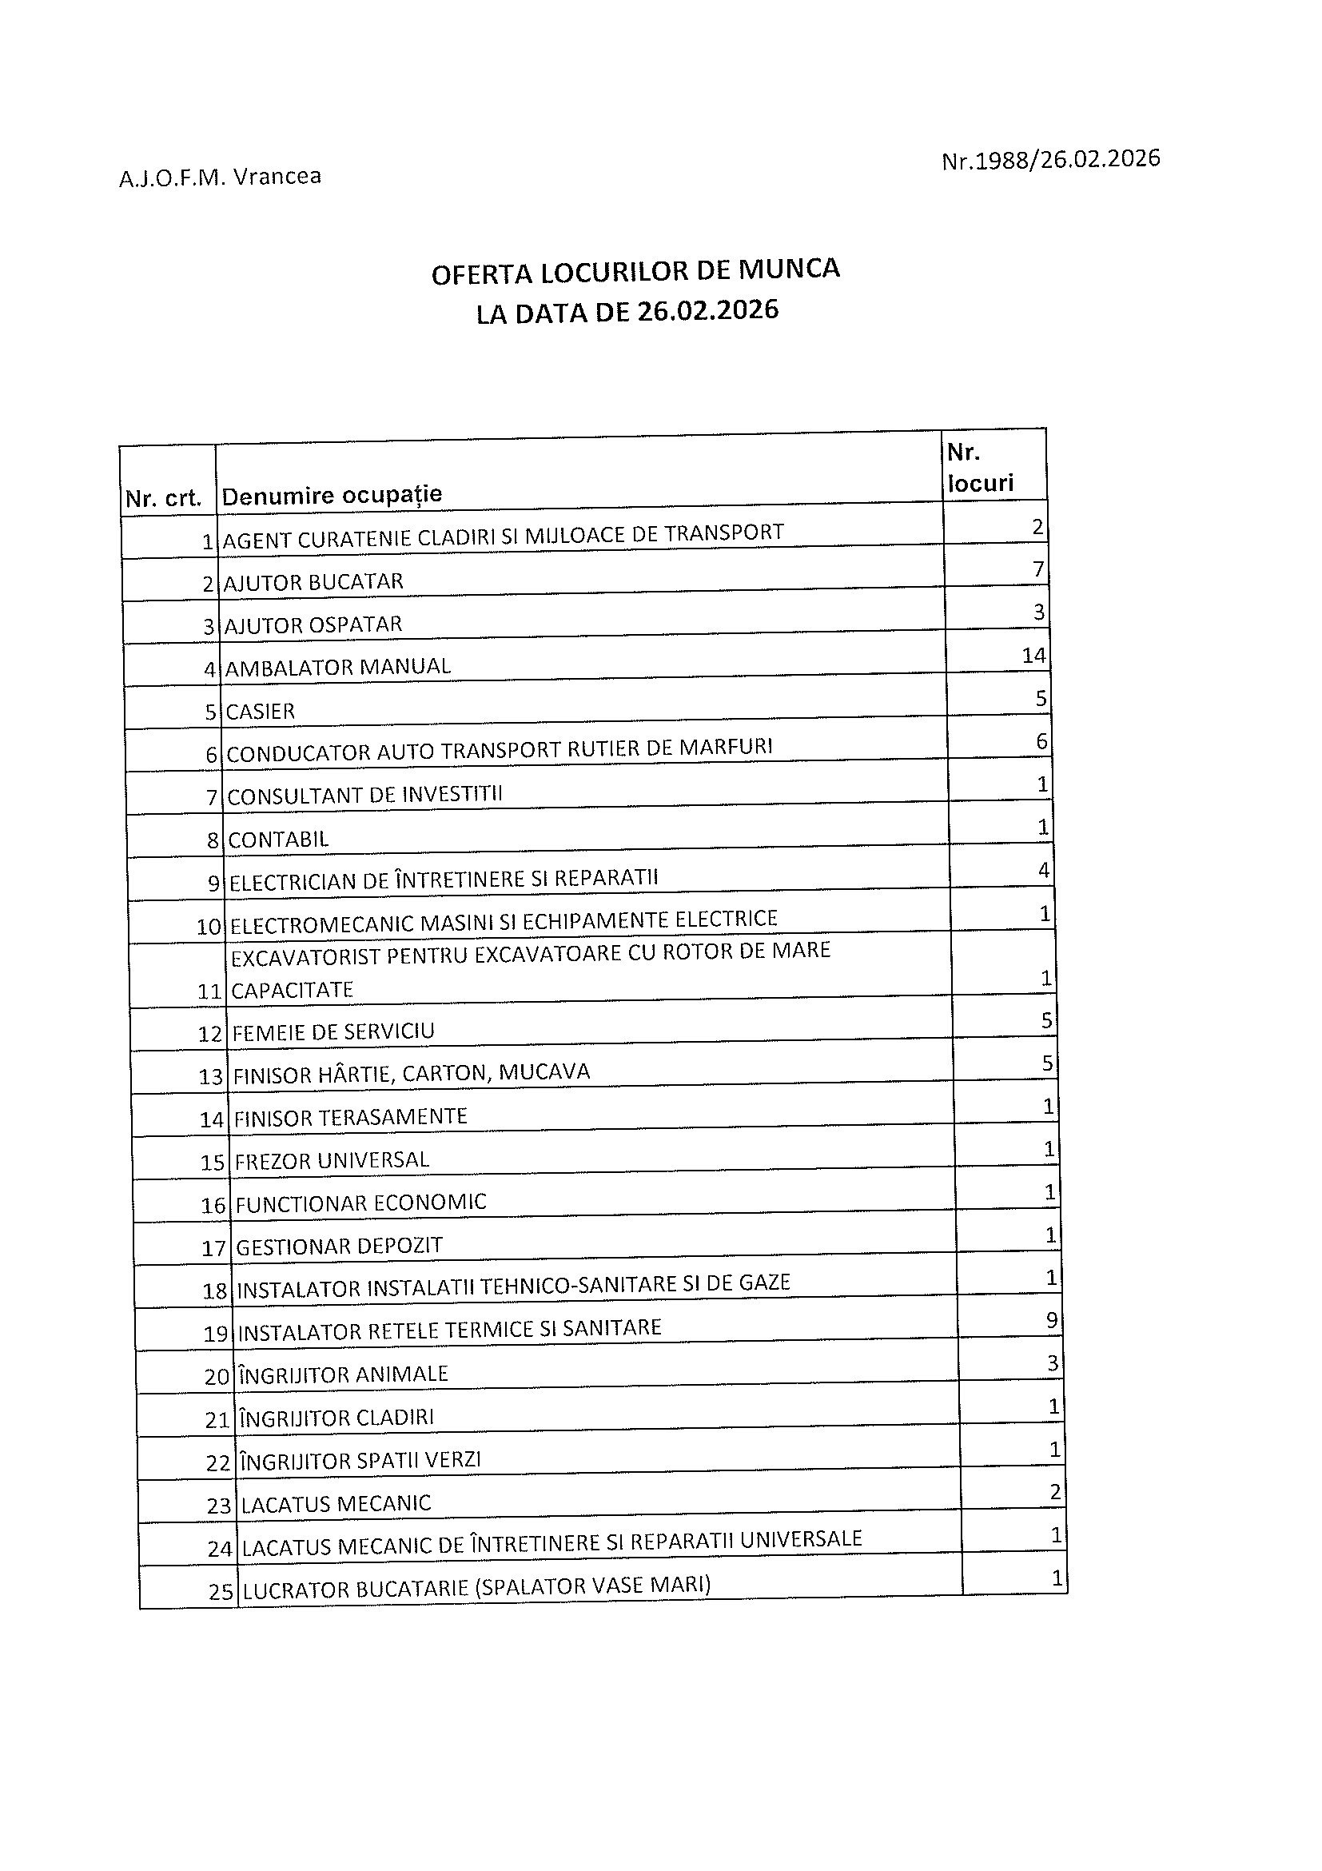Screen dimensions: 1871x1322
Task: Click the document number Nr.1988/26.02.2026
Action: coord(1050,160)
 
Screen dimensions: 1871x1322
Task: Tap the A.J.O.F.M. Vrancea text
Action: coord(220,177)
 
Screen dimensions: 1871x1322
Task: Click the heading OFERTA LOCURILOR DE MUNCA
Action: coord(635,271)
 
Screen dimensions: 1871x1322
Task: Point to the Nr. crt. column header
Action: coord(163,499)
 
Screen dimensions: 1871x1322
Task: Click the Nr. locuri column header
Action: coord(980,468)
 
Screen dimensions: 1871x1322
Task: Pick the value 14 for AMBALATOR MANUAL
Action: coord(1033,655)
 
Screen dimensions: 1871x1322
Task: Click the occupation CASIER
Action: coord(260,712)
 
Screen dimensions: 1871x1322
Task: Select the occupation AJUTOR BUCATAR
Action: coord(313,582)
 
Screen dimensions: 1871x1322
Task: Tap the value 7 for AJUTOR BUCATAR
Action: coord(1037,569)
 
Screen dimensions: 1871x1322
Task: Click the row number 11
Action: coord(209,991)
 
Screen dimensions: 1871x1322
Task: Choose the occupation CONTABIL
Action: coord(278,840)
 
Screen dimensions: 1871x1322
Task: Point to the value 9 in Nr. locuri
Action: coord(1051,1320)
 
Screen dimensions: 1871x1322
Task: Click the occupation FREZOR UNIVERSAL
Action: coord(332,1160)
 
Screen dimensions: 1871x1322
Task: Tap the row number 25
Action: coord(221,1591)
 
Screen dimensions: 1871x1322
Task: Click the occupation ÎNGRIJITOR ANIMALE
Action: coord(343,1374)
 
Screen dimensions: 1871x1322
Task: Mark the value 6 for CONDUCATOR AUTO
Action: coord(1041,741)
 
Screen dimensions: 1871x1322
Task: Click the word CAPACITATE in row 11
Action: coord(293,990)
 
